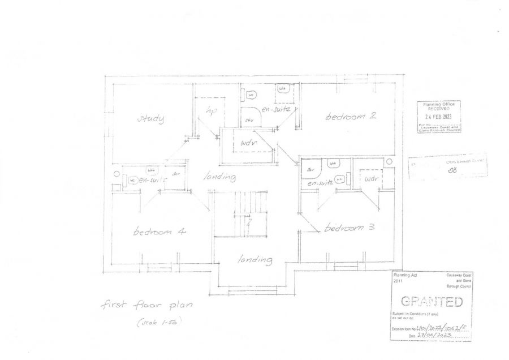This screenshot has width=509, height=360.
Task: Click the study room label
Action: click(151, 118)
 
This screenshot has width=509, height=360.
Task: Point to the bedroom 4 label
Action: click(160, 232)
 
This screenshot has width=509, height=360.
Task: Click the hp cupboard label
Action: click(212, 110)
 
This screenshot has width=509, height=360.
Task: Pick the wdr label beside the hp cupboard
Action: click(249, 143)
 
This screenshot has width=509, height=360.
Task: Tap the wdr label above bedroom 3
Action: click(370, 179)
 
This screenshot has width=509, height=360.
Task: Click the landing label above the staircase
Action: click(219, 177)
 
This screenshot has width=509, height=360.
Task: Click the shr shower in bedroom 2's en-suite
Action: click(249, 120)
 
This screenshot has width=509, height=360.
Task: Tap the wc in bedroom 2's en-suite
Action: click(252, 95)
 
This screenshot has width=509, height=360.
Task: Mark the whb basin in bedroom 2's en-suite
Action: click(282, 89)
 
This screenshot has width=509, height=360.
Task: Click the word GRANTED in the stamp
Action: click(431, 302)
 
